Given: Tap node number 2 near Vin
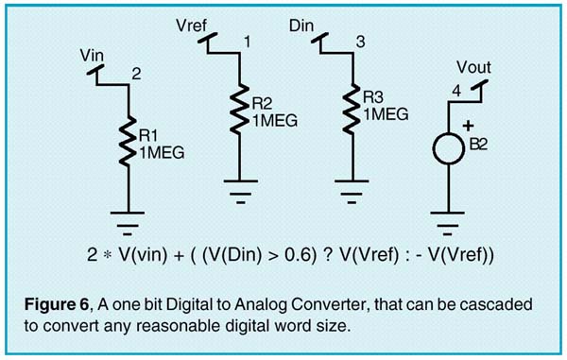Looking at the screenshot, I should tap(136, 72).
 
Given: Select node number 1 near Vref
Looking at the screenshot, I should tap(248, 42).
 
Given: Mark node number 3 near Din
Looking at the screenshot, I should tap(359, 42).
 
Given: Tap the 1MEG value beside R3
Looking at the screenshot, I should tap(386, 113).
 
